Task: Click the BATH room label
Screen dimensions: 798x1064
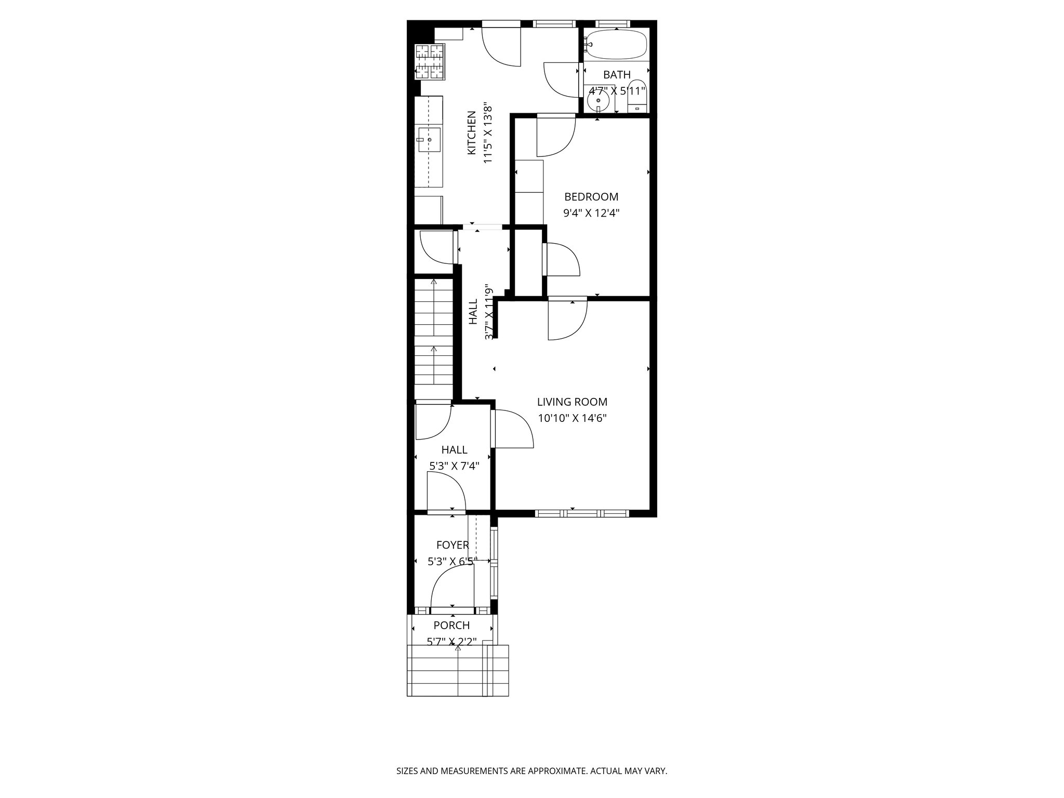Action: [617, 75]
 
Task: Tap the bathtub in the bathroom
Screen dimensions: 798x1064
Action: [616, 45]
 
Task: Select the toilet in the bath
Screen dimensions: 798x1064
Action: [637, 96]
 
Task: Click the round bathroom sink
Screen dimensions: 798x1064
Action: [598, 100]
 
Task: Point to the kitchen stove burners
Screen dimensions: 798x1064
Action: [430, 62]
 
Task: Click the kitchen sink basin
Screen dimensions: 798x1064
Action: [430, 140]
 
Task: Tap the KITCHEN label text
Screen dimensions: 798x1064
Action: [472, 132]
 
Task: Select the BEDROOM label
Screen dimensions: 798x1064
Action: [591, 197]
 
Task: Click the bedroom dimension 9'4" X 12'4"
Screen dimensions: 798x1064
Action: [591, 213]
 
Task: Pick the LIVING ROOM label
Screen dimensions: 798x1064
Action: [572, 402]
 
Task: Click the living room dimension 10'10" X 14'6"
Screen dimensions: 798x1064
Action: [572, 418]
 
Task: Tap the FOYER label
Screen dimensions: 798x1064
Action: [453, 545]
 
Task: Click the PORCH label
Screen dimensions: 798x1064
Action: [451, 626]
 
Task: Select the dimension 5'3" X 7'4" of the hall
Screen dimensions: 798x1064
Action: [454, 466]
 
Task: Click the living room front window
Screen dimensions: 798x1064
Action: [582, 513]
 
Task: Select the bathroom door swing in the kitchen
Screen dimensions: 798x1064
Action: [560, 79]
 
